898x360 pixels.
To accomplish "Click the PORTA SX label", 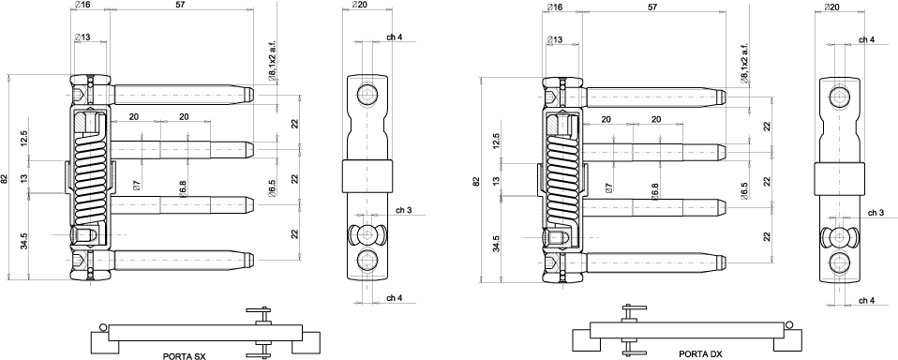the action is pos(184,356).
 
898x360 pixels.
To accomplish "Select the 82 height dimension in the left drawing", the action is pos(5,178).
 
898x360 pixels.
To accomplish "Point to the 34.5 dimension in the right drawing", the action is pos(496,243).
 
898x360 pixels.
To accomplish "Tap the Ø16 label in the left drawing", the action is pos(82,5).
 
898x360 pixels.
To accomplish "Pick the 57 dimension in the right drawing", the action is pos(651,7).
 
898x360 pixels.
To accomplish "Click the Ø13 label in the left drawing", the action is pos(82,37).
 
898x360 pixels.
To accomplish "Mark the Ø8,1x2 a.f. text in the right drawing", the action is pos(744,63).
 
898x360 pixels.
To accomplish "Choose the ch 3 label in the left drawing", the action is pos(403,210).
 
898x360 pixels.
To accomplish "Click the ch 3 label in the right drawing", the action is pos(876,212).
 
